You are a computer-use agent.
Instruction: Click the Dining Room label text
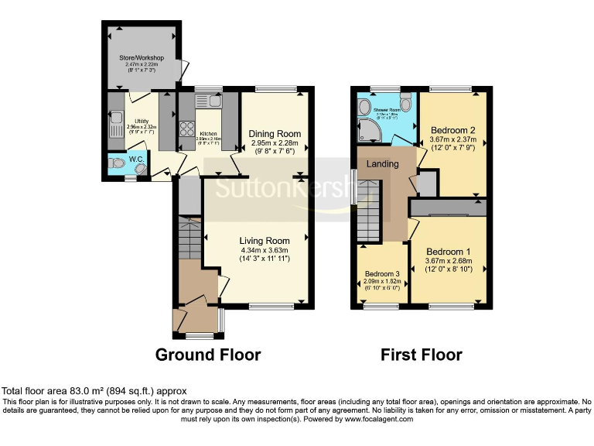click(x=275, y=134)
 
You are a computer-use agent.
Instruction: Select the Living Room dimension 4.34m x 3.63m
click(x=264, y=249)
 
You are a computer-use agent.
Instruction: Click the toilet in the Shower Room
click(x=406, y=103)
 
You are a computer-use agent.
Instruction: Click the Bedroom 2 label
click(x=452, y=129)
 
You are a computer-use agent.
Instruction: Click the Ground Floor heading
click(x=208, y=355)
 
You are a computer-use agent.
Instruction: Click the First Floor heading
click(x=421, y=355)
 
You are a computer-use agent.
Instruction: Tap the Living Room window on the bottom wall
click(x=271, y=307)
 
